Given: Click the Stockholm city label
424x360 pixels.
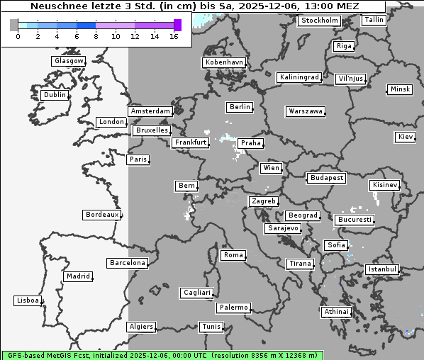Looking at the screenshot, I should [319, 21].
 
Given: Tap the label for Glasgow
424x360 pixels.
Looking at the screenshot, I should [68, 61].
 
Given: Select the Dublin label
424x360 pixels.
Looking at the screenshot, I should [54, 95].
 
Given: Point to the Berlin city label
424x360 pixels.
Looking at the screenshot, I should [240, 107].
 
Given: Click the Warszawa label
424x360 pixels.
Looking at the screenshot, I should [306, 111].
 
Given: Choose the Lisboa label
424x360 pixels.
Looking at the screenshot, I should [28, 300].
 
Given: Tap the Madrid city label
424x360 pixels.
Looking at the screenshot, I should [77, 276].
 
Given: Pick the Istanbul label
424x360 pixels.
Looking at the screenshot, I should [382, 269].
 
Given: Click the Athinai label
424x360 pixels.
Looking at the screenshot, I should [336, 312].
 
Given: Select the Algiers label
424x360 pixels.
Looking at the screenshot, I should [140, 327].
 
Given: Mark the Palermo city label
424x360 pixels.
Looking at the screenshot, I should [233, 308].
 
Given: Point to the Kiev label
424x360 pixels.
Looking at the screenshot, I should [406, 136].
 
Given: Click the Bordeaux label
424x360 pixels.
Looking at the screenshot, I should [101, 215].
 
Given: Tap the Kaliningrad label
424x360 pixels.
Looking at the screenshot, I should [299, 77].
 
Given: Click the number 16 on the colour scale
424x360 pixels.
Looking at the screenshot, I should [174, 36].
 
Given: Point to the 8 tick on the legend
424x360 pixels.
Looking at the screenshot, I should [96, 36].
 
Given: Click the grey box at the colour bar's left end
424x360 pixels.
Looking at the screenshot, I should [14, 25].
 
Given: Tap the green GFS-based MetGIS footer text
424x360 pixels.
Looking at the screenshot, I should [162, 355].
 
